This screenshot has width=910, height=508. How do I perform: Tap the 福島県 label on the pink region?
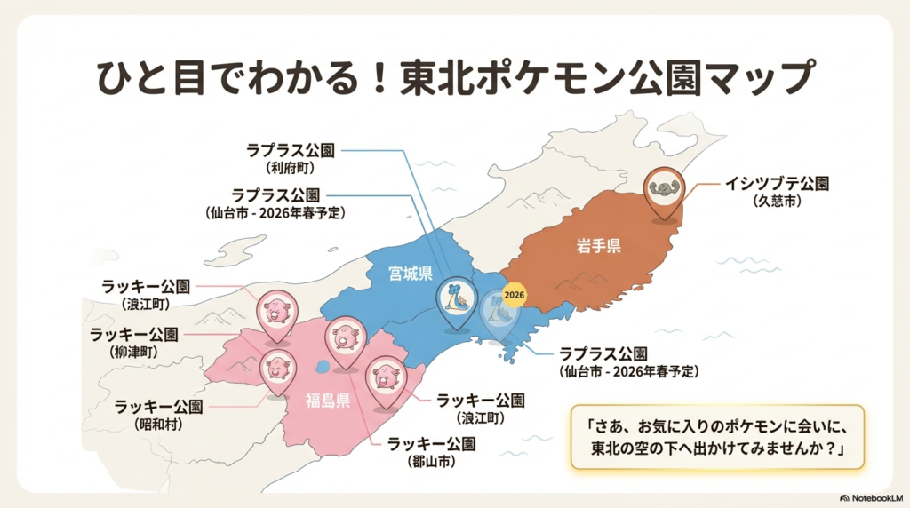(328, 399)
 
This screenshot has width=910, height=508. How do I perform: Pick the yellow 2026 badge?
(515, 294)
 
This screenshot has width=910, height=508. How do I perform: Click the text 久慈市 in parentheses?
(777, 202)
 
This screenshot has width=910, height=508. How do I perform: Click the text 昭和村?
(159, 424)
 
